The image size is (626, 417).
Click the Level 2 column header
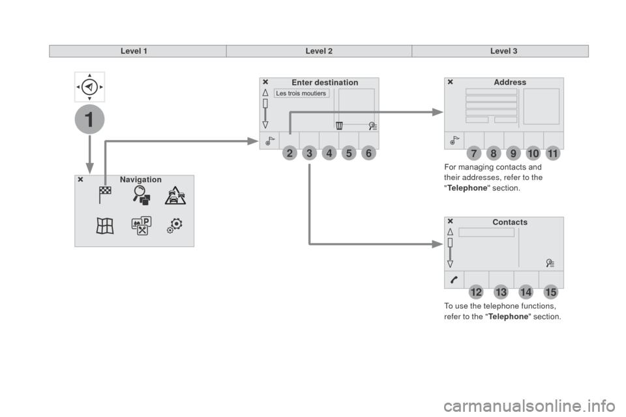click(x=319, y=51)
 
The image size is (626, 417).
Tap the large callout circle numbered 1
click(x=89, y=119)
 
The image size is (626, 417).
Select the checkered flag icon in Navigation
click(x=105, y=195)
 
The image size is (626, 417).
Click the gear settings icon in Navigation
click(x=175, y=226)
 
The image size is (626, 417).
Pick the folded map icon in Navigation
click(x=105, y=226)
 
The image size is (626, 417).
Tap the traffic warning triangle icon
click(x=175, y=195)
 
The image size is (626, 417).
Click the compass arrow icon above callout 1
click(x=89, y=87)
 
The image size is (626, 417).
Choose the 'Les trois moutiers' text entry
click(x=301, y=93)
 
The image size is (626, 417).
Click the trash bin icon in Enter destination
click(x=339, y=126)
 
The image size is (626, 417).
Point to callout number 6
click(x=368, y=153)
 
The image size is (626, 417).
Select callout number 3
click(x=309, y=153)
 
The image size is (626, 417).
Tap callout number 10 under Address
click(x=533, y=153)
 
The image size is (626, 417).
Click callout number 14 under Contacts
click(x=526, y=292)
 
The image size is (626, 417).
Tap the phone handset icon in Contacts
click(x=455, y=280)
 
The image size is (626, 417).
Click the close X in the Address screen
click(x=451, y=82)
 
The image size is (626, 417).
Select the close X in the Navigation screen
click(x=81, y=180)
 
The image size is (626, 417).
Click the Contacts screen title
click(x=510, y=222)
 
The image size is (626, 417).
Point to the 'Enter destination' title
click(x=325, y=83)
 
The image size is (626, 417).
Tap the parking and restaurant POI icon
click(x=142, y=226)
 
